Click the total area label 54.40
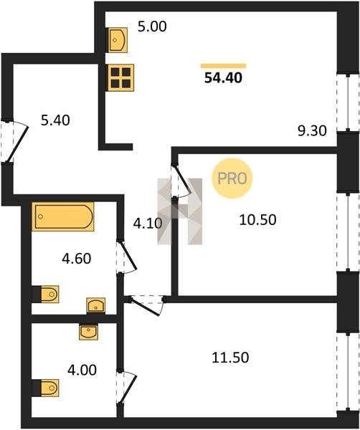coord(223,78)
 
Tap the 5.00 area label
coord(152,27)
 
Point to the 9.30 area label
coord(312,131)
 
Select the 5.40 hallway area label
coord(55,120)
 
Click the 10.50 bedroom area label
coord(257,220)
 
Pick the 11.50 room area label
coord(230,358)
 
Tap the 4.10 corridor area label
coord(148,224)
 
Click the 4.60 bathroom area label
coord(77,259)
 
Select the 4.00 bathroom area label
coord(82,370)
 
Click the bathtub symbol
coord(63,216)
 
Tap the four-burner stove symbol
coord(120,77)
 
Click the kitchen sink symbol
coord(117,40)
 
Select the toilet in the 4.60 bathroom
coord(46,295)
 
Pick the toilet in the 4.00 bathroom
coord(46,388)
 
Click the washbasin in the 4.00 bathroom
coord(88,332)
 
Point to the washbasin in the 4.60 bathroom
coord(96,305)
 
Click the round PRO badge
coord(232,178)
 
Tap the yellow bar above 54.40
coord(223,66)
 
